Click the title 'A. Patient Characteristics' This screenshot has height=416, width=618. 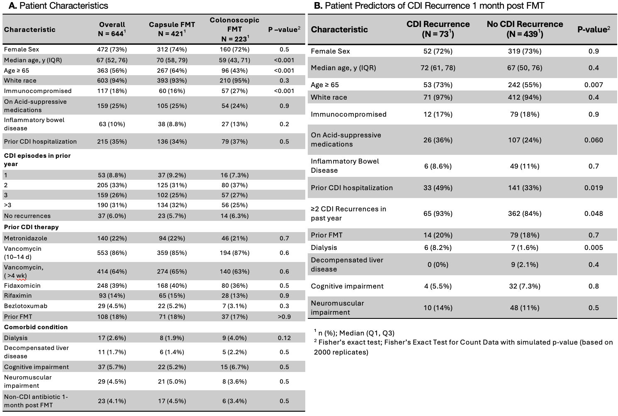click(58, 5)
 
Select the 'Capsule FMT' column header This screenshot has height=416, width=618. click(172, 29)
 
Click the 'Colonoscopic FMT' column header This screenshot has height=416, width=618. click(234, 29)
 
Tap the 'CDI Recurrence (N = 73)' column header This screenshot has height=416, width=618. click(438, 29)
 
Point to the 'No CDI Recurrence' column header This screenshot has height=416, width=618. click(525, 29)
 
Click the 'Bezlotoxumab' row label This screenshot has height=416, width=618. click(26, 306)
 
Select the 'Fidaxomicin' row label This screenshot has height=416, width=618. click(22, 285)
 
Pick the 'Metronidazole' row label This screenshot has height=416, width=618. click(25, 238)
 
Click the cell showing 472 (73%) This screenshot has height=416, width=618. click(112, 49)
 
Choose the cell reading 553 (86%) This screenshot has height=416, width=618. click(112, 253)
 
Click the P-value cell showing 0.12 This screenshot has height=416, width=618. click(284, 338)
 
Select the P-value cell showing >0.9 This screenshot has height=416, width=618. click(284, 316)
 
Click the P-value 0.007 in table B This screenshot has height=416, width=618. click(594, 85)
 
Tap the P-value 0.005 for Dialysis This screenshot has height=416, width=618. click(594, 247)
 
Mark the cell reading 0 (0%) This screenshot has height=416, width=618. click(438, 264)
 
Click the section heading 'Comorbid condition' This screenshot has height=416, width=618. click(36, 327)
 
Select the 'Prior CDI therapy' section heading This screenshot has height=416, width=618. click(32, 227)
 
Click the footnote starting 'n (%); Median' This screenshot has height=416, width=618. click(354, 333)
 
